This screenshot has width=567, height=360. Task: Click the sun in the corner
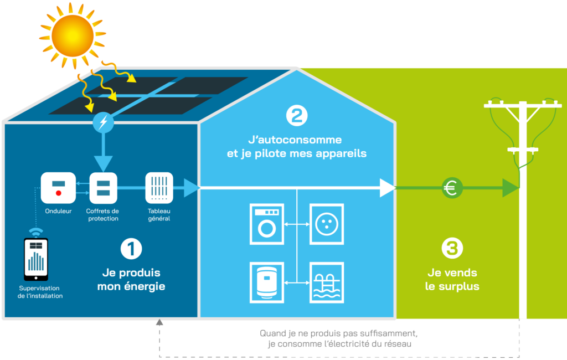[x=73, y=34]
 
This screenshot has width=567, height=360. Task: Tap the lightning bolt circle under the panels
[x=102, y=122]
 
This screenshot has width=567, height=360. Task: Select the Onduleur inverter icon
[x=58, y=188]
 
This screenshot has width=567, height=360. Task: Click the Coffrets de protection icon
[x=102, y=188]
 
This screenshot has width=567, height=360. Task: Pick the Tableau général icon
[x=159, y=188]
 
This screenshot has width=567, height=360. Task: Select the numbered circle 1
[x=131, y=249]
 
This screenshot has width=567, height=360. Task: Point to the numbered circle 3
[x=452, y=248]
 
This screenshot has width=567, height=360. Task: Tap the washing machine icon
[x=267, y=224]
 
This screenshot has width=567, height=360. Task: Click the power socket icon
[x=326, y=224]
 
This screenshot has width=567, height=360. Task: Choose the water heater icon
[x=267, y=282]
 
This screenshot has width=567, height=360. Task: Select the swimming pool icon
[x=326, y=282]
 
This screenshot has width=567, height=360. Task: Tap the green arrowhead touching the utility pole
[x=511, y=188]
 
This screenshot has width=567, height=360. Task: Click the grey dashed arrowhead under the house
[x=159, y=322]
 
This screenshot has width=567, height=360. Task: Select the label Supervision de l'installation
[x=40, y=292]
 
